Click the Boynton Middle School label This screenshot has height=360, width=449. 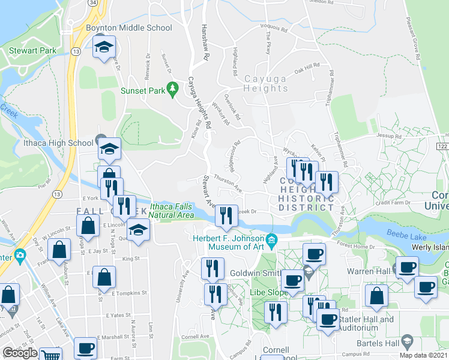(129, 28)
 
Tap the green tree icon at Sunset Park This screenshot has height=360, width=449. (173, 88)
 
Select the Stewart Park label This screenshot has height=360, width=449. (32, 51)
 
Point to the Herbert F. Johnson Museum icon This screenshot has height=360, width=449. (271, 240)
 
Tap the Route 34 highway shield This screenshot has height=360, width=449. (92, 3)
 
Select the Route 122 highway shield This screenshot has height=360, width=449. (443, 147)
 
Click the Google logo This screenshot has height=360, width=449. (20, 353)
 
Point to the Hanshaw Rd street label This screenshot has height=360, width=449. (205, 43)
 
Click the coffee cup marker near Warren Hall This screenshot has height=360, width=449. (408, 267)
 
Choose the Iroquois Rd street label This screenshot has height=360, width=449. (273, 28)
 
